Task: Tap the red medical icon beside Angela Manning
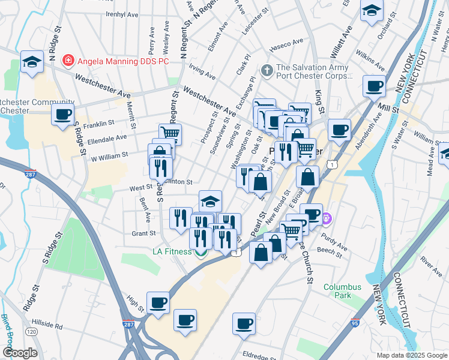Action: (x=68, y=60)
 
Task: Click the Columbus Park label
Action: (x=342, y=292)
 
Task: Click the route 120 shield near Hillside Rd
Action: (x=31, y=331)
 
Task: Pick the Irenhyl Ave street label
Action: (x=122, y=14)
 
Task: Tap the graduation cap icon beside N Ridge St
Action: (x=32, y=61)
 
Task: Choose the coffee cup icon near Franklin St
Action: (x=62, y=114)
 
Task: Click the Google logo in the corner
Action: (x=20, y=353)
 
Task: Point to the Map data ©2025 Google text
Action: (x=411, y=355)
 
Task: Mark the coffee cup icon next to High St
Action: (x=158, y=302)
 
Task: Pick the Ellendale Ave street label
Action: (x=108, y=137)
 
